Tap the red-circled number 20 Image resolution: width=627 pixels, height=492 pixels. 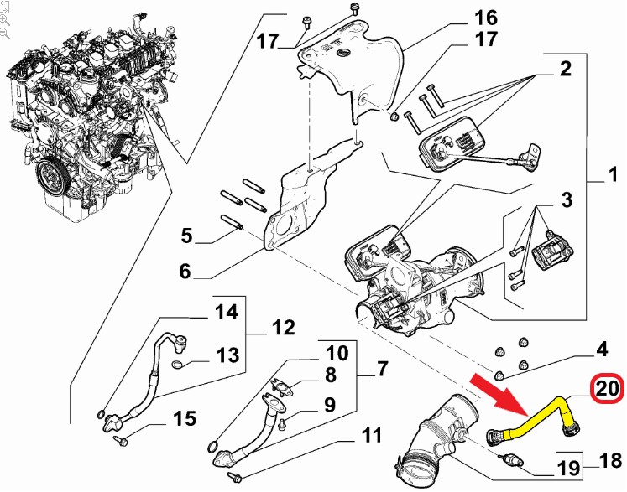[609, 388]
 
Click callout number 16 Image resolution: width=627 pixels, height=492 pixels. [486, 18]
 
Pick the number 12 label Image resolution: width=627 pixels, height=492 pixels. [283, 328]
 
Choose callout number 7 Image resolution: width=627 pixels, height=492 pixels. [381, 368]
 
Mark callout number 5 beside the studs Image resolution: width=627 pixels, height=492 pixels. [186, 236]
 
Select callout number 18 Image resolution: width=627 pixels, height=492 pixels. [610, 460]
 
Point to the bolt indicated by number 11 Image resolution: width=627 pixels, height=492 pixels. [235, 476]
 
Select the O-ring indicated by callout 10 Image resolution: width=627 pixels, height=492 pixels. [214, 446]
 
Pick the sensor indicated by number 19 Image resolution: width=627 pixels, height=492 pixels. [511, 459]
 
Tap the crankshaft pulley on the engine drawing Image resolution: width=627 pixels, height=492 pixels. [52, 175]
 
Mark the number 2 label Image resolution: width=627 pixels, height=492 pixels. [566, 69]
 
